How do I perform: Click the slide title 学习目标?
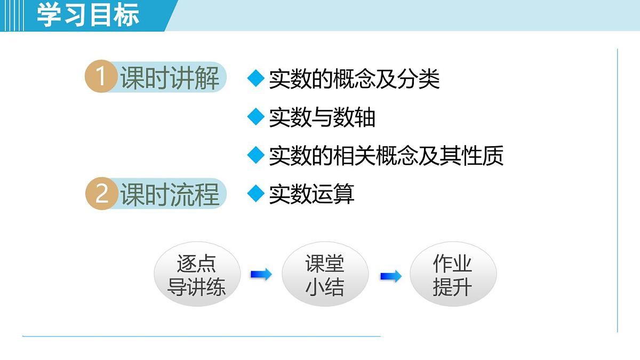click(x=88, y=15)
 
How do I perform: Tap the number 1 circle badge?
click(x=101, y=77)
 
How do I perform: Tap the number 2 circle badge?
click(x=101, y=194)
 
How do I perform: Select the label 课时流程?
click(x=170, y=194)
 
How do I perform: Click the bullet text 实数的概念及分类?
click(x=354, y=79)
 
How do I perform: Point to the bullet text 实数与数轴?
click(x=322, y=118)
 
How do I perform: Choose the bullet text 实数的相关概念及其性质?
click(x=386, y=156)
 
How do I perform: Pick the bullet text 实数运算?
click(x=311, y=194)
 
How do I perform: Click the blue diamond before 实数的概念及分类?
click(x=257, y=78)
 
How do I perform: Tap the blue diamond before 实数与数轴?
click(x=257, y=117)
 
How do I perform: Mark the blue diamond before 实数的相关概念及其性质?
click(x=257, y=155)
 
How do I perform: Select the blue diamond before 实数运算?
click(x=257, y=194)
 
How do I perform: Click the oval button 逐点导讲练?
click(x=197, y=275)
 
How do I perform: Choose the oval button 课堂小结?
click(x=325, y=275)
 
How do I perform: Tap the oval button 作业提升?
click(x=453, y=275)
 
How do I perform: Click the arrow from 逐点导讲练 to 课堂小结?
click(x=261, y=275)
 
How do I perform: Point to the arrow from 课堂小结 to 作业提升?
click(x=390, y=276)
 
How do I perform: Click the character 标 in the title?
click(x=126, y=15)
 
